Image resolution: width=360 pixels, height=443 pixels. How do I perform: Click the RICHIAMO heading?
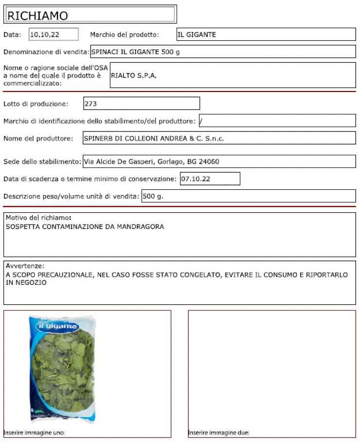[37, 16]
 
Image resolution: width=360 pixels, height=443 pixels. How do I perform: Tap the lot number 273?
[90, 104]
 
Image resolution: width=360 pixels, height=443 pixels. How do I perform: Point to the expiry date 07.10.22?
[195, 179]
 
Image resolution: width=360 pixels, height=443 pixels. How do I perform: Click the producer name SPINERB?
[98, 138]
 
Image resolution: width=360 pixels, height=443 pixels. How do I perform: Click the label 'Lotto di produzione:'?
[36, 104]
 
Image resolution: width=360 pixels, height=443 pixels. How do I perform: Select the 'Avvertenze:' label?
[25, 266]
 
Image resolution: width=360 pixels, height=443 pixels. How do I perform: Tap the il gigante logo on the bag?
[61, 326]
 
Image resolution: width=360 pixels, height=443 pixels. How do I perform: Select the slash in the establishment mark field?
[200, 121]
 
